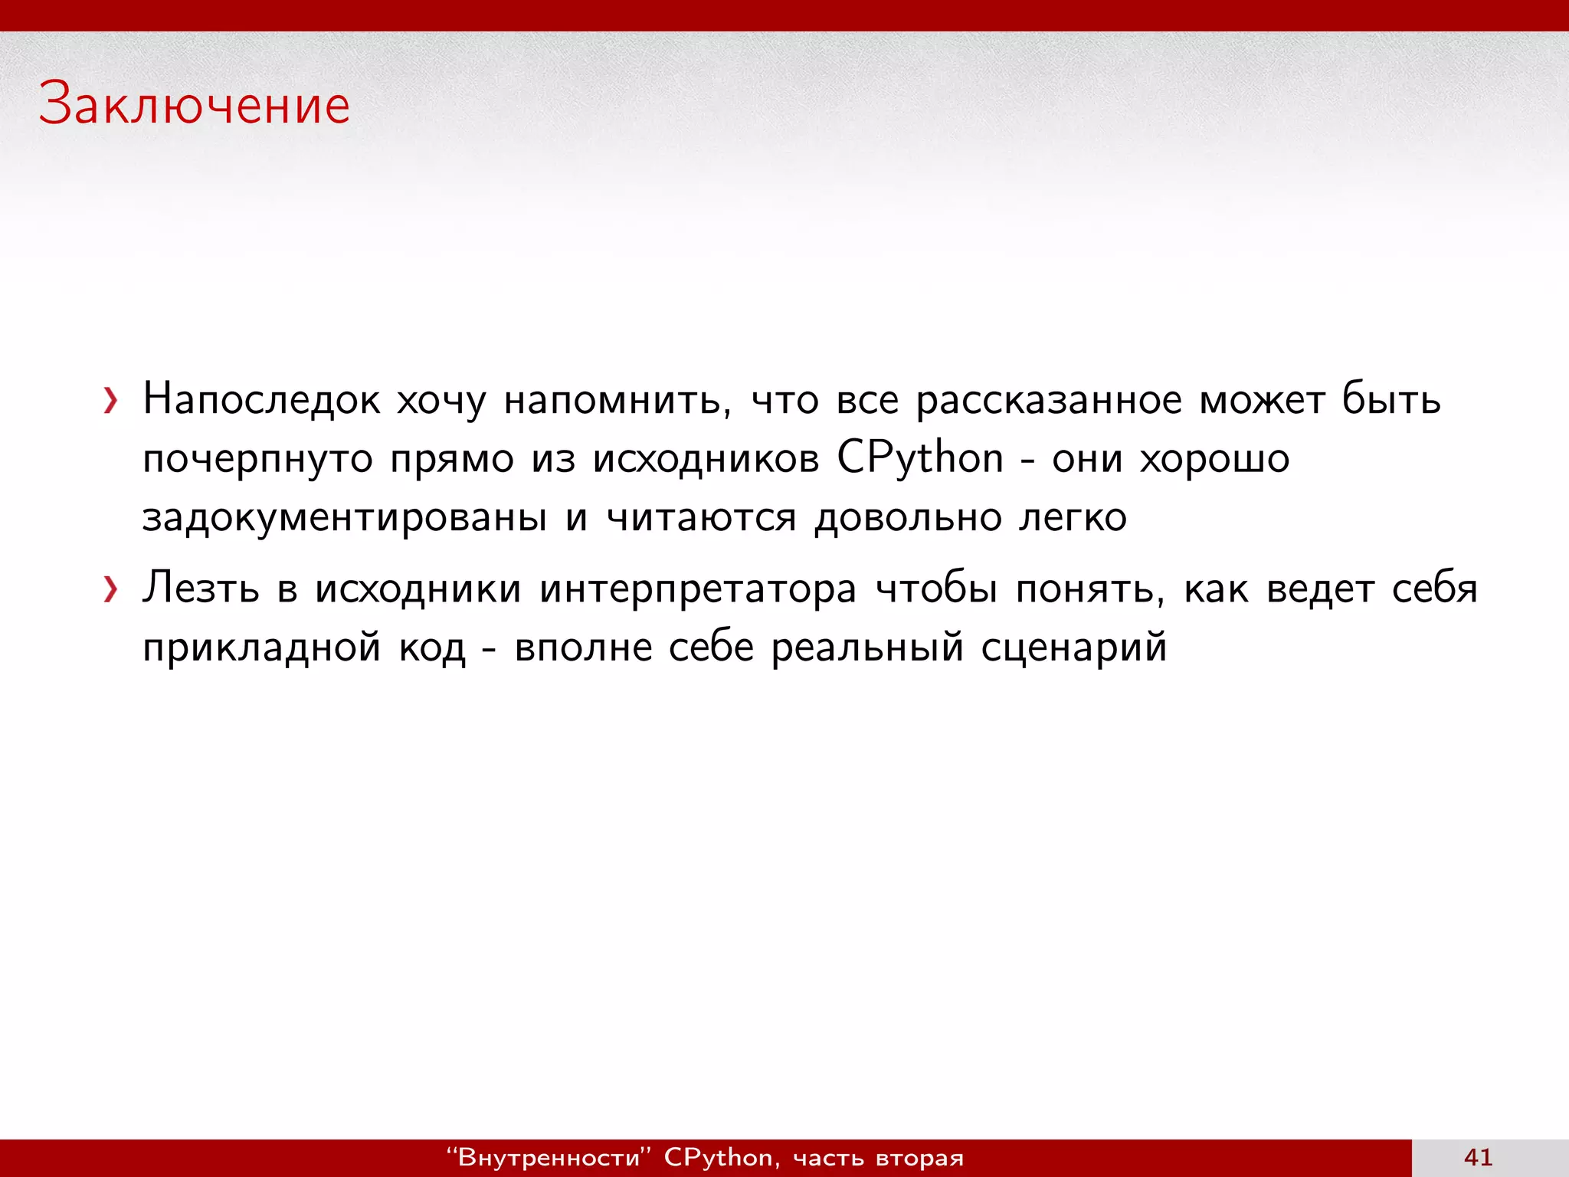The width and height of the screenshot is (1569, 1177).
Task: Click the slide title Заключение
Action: click(x=195, y=104)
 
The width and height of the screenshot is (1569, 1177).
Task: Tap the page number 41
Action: click(x=1478, y=1157)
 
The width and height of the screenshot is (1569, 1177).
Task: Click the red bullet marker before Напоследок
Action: click(x=112, y=400)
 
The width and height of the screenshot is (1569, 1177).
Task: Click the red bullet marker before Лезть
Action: click(x=112, y=589)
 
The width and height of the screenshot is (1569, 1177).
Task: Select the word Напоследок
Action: click(x=261, y=400)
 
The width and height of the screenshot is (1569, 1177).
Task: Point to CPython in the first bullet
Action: click(x=919, y=459)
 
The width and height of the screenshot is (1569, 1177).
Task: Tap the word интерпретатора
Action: click(x=697, y=589)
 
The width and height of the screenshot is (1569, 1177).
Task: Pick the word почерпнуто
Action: click(x=257, y=459)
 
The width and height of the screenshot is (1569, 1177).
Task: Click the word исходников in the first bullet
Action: click(x=706, y=459)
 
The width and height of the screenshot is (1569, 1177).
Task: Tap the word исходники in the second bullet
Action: click(x=418, y=589)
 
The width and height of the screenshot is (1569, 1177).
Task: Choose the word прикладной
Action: click(x=261, y=648)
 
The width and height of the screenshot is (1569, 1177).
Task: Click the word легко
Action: click(x=1073, y=518)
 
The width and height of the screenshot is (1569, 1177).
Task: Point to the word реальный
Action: click(x=866, y=648)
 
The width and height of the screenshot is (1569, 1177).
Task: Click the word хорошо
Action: click(x=1214, y=459)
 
